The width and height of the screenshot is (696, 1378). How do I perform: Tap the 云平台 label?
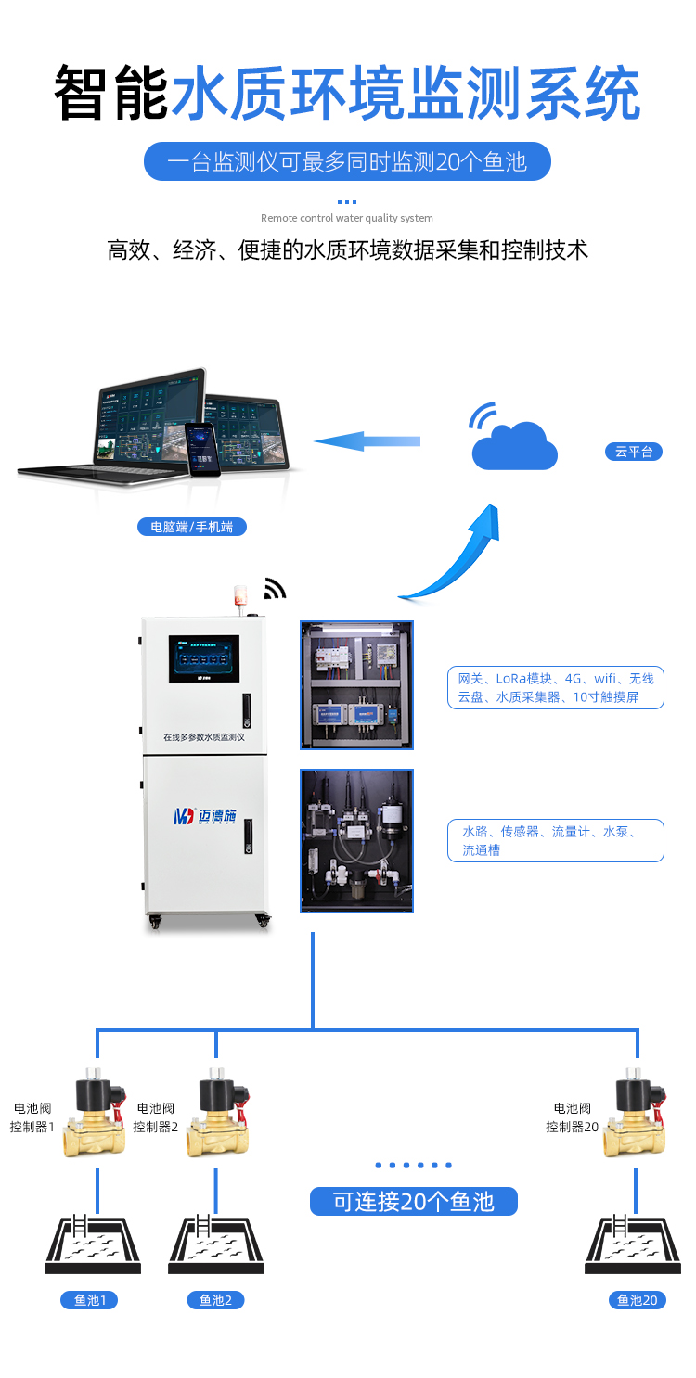coord(634,452)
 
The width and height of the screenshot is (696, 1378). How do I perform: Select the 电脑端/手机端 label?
coord(192,527)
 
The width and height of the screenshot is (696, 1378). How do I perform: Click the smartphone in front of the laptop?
coord(200,449)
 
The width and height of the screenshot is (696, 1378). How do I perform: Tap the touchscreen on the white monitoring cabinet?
coord(204,658)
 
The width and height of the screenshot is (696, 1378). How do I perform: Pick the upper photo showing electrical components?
coord(356,684)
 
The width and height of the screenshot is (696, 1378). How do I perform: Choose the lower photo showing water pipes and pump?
coord(356,840)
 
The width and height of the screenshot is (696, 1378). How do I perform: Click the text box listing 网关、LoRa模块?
coord(555,687)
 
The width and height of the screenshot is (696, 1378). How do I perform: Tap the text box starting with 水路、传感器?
coord(555,840)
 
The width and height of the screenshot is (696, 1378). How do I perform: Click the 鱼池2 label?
coord(216,1300)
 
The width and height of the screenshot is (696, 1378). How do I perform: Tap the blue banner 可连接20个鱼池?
coord(413,1202)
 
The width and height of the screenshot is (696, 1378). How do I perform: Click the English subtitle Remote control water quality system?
coord(347,218)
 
